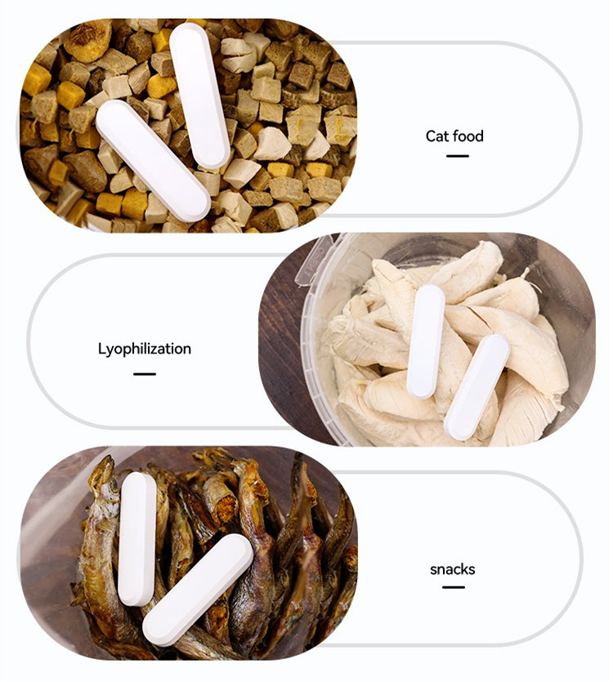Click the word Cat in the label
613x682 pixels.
[438, 136]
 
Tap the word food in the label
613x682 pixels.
[468, 136]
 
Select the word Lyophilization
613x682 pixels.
[145, 350]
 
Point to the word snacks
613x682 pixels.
[452, 569]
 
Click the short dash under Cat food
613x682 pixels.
[458, 156]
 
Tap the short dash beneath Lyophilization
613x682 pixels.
[145, 373]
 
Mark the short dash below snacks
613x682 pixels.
[454, 587]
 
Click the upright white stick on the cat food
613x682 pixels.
[199, 96]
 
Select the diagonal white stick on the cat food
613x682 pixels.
[153, 160]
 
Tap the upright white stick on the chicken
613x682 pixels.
[426, 342]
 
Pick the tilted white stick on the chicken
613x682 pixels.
[477, 387]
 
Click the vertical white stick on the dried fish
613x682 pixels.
[136, 539]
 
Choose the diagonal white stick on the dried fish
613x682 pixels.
[198, 590]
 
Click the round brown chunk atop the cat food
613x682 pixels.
[87, 41]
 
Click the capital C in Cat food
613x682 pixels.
[431, 136]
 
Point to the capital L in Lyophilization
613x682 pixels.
[101, 349]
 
